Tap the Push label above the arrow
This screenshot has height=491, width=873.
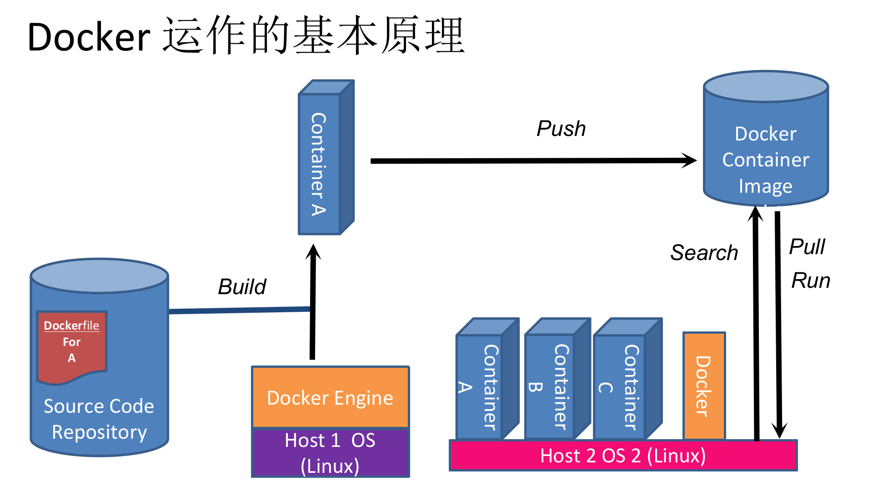(561, 129)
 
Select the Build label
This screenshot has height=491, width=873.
(242, 287)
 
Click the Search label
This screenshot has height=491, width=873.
(704, 253)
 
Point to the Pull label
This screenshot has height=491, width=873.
(807, 247)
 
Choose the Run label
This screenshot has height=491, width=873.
(810, 281)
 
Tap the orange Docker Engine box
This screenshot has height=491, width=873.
(331, 397)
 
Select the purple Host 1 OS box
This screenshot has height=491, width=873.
(331, 453)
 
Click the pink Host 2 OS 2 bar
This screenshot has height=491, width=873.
(623, 456)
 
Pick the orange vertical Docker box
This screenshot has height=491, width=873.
(704, 386)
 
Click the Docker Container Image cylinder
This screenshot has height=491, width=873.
(766, 150)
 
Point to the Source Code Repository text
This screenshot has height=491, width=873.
(99, 419)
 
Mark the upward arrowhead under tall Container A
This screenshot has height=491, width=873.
(313, 252)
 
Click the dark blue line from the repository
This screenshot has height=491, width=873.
(239, 311)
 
